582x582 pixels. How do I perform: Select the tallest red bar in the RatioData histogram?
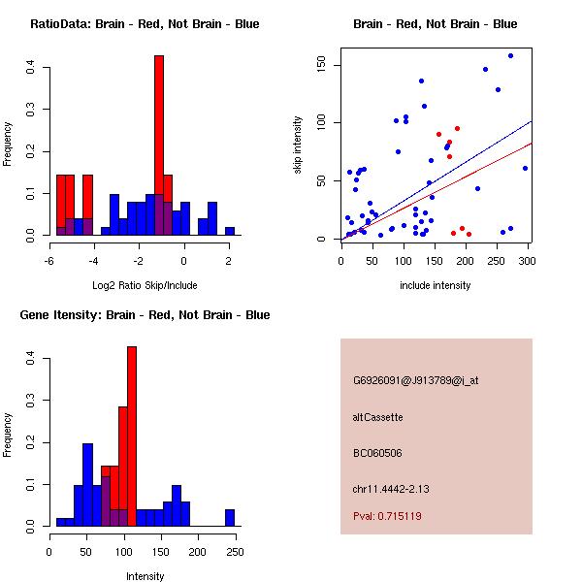[x=159, y=145]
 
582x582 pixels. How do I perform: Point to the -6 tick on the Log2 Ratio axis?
[x=50, y=260]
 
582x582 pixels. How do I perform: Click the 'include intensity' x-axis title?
[x=436, y=286]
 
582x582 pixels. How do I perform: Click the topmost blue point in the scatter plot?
[x=510, y=55]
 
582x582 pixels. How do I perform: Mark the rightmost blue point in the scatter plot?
[x=525, y=168]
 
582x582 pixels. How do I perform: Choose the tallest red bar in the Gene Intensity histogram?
[x=132, y=436]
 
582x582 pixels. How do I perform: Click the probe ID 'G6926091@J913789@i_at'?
[x=415, y=380]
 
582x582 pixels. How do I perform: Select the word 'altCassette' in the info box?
[x=377, y=417]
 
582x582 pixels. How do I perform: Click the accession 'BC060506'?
[x=377, y=453]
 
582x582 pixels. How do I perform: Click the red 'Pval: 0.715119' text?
[x=387, y=516]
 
